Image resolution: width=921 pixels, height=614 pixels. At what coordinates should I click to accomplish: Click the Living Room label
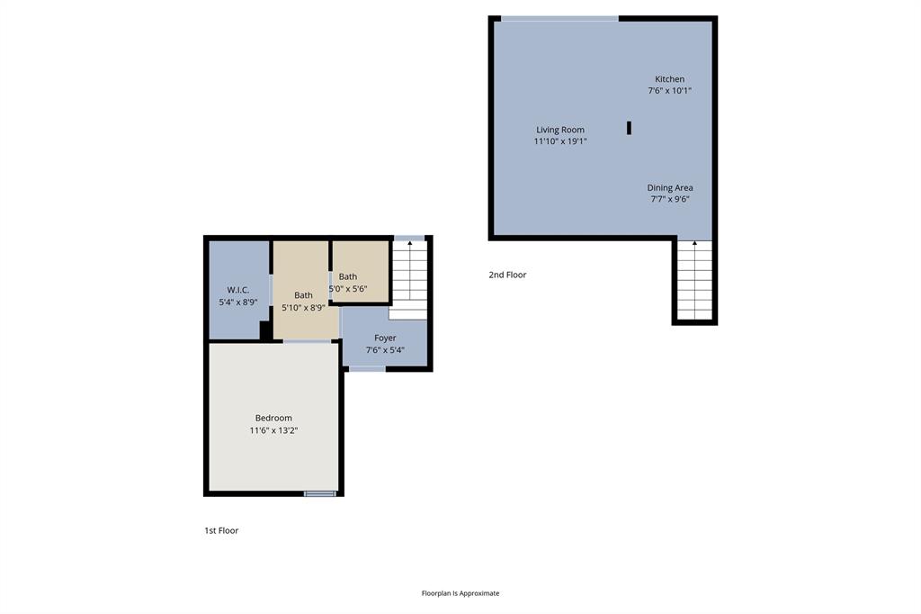pyautogui.click(x=560, y=130)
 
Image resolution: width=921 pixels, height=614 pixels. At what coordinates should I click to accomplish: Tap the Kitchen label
pyautogui.click(x=669, y=79)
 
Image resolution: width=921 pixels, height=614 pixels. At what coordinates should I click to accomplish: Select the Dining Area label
pyautogui.click(x=670, y=187)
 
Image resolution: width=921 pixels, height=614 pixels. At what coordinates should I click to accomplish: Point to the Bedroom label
pyautogui.click(x=273, y=418)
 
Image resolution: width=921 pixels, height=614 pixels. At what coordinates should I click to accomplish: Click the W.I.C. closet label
pyautogui.click(x=238, y=290)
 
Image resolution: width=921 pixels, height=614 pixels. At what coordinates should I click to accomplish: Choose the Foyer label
pyautogui.click(x=385, y=338)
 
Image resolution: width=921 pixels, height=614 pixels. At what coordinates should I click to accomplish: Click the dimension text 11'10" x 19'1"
pyautogui.click(x=560, y=141)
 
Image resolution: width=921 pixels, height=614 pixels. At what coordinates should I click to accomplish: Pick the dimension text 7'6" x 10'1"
pyautogui.click(x=669, y=91)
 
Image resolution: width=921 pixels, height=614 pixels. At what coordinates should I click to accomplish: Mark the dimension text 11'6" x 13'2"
pyautogui.click(x=273, y=430)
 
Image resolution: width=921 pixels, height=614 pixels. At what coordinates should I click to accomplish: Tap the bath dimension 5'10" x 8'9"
pyautogui.click(x=303, y=307)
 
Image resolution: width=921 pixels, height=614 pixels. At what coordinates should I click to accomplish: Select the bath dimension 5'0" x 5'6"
pyautogui.click(x=348, y=288)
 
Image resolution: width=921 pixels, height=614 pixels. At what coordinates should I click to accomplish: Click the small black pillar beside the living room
pyautogui.click(x=629, y=128)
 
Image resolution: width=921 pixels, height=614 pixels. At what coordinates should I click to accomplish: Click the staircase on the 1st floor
pyautogui.click(x=409, y=275)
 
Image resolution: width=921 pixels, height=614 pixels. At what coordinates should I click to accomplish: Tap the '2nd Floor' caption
pyautogui.click(x=507, y=275)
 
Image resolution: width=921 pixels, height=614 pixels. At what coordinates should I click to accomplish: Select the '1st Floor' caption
pyautogui.click(x=221, y=530)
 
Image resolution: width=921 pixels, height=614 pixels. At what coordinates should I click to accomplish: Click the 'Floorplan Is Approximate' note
pyautogui.click(x=460, y=593)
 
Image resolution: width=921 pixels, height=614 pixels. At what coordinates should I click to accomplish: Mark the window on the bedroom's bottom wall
pyautogui.click(x=319, y=493)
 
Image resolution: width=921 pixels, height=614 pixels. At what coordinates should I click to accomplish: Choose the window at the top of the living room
pyautogui.click(x=559, y=18)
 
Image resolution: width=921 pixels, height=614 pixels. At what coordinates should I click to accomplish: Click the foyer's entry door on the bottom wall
pyautogui.click(x=366, y=368)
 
